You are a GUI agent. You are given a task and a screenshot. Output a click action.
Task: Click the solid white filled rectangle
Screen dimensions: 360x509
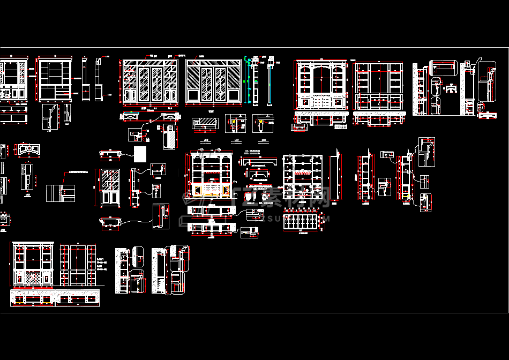[140, 154]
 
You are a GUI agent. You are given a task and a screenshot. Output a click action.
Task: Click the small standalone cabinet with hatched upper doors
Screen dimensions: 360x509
[109, 187]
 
